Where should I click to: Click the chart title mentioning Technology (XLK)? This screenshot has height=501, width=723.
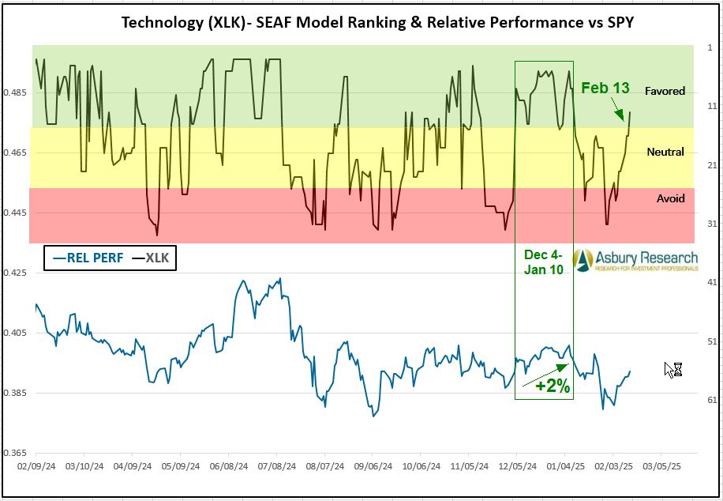(376, 21)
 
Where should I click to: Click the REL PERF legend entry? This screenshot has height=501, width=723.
(88, 258)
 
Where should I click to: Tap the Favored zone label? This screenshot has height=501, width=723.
(665, 91)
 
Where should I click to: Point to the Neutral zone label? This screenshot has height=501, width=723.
(665, 152)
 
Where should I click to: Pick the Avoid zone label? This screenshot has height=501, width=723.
(670, 198)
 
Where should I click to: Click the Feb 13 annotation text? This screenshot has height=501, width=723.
(605, 88)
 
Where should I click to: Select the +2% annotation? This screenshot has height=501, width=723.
(553, 386)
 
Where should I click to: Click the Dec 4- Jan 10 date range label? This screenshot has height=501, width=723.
(545, 263)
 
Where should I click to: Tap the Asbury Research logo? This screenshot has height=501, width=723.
(635, 260)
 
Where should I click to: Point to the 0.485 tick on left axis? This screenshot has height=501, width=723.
(16, 92)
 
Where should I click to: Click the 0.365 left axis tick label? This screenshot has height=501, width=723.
(16, 454)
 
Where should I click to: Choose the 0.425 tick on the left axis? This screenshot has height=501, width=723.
(16, 273)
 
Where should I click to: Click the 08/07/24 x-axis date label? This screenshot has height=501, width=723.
(324, 467)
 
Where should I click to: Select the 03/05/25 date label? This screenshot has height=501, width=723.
(661, 467)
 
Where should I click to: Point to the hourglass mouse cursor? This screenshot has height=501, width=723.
(672, 369)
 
